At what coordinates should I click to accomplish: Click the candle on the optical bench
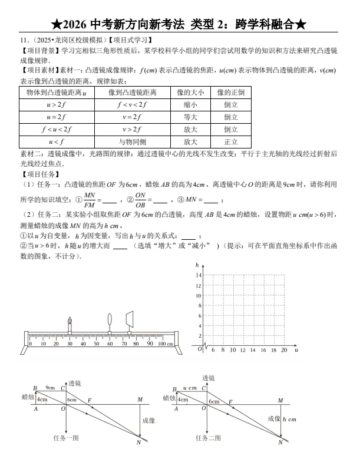click(x=70, y=324)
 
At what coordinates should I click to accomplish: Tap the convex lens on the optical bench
click(x=110, y=321)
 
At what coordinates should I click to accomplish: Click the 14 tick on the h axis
click(x=199, y=276)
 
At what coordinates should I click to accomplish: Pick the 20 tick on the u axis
click(x=284, y=350)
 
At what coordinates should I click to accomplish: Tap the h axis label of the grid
click(x=197, y=266)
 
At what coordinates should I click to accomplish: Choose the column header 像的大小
click(x=190, y=93)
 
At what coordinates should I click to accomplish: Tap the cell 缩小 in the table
click(x=190, y=105)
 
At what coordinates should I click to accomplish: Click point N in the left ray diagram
click(x=138, y=442)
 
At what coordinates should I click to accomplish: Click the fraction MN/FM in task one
click(x=90, y=200)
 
